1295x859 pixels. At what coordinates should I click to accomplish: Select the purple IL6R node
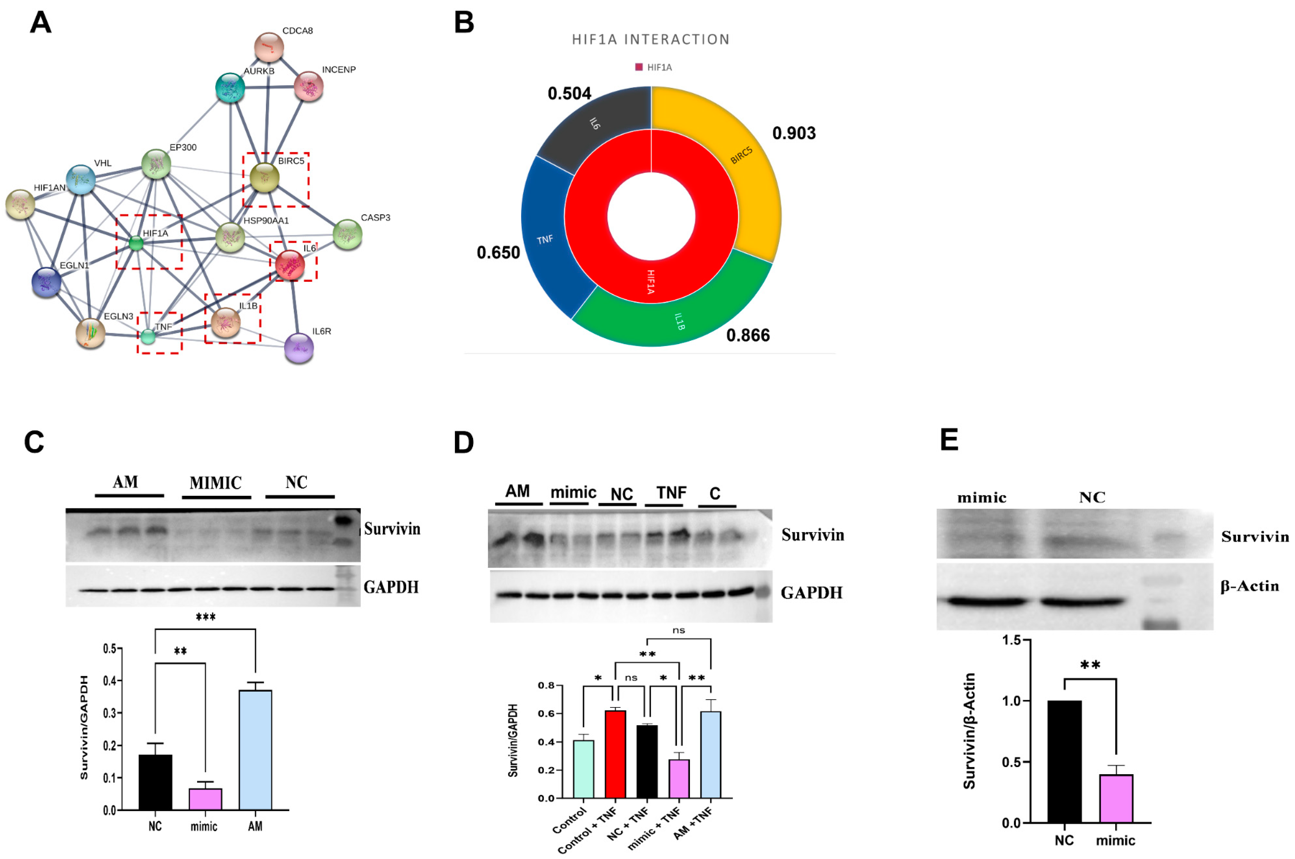pos(299,348)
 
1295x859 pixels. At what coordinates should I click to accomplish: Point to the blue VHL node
pos(81,179)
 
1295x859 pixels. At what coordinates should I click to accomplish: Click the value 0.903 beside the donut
pos(793,133)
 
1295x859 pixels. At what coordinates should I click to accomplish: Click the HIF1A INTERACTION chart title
pos(650,40)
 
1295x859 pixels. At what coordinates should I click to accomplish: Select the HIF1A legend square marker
pos(638,67)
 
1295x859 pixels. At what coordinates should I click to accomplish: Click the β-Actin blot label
pos(1249,586)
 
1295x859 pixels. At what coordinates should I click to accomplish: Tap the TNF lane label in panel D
pos(671,492)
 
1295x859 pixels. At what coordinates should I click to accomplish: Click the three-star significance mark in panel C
pos(205,618)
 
